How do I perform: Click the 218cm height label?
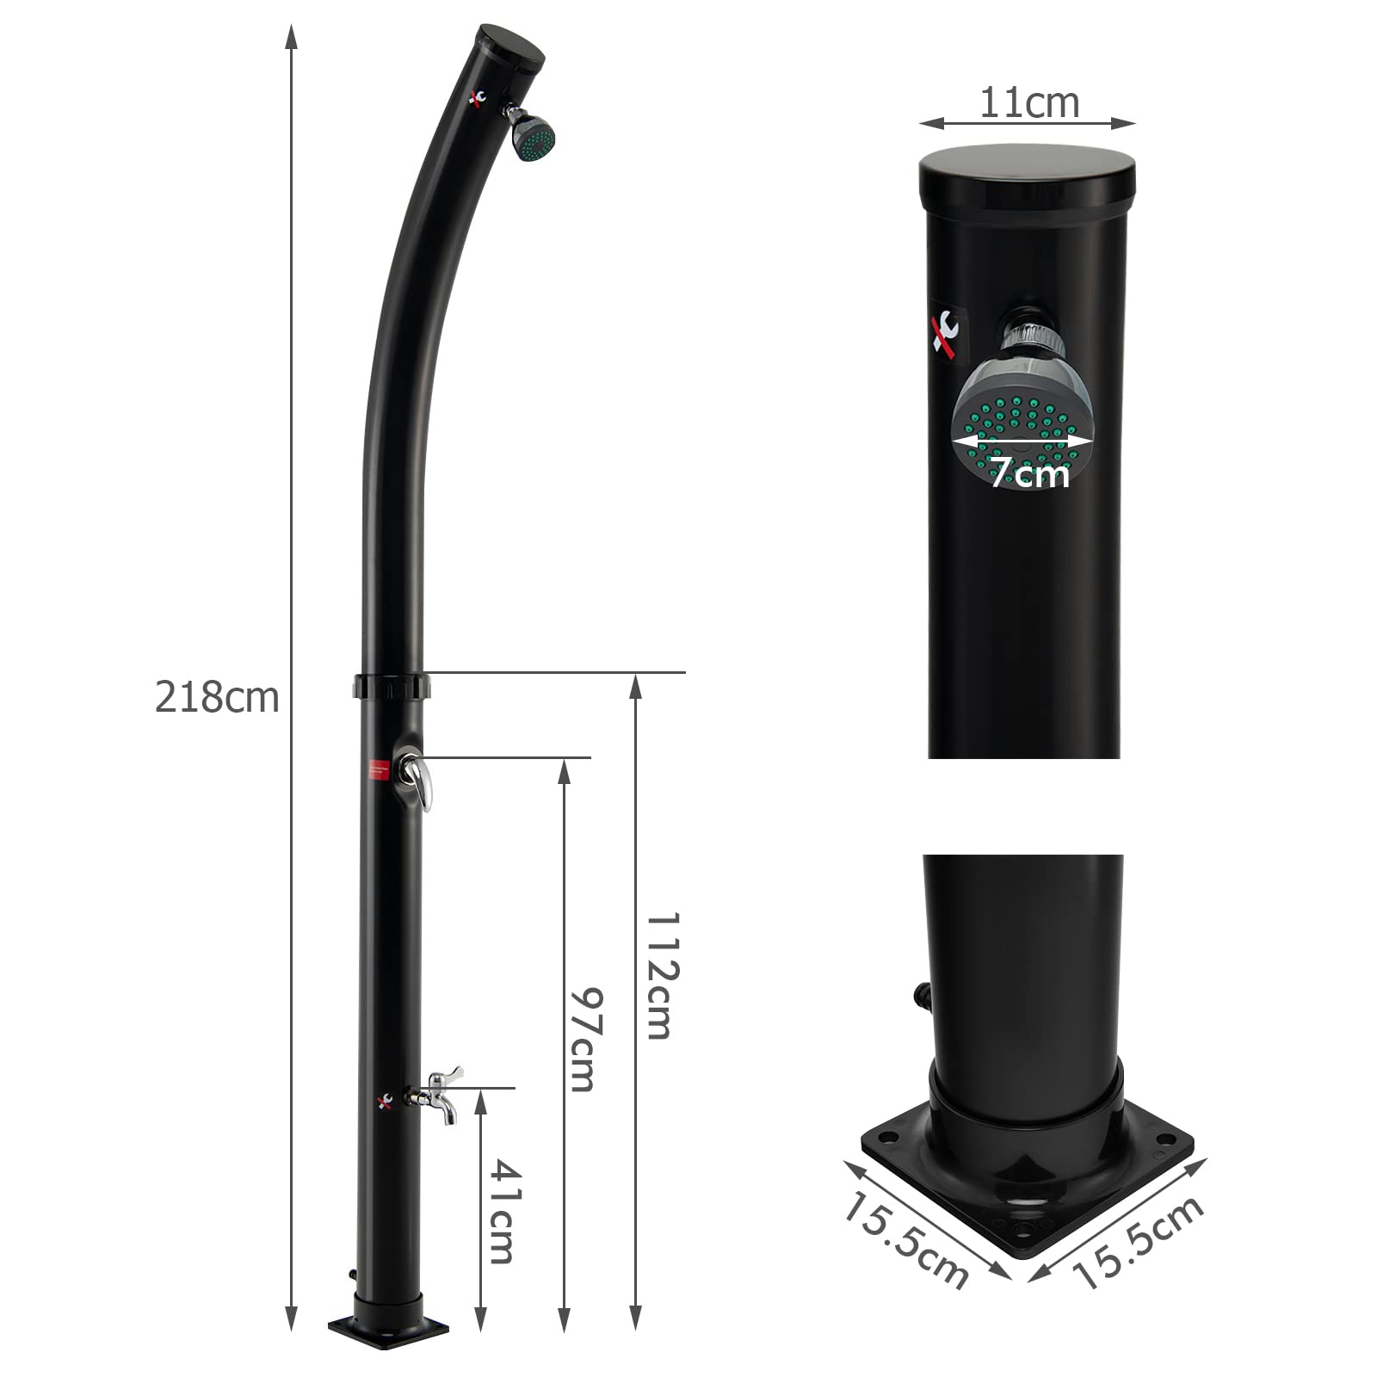(x=217, y=697)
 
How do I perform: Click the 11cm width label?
(x=1029, y=103)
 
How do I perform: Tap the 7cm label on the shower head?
(x=1028, y=472)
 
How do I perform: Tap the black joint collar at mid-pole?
(x=391, y=687)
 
